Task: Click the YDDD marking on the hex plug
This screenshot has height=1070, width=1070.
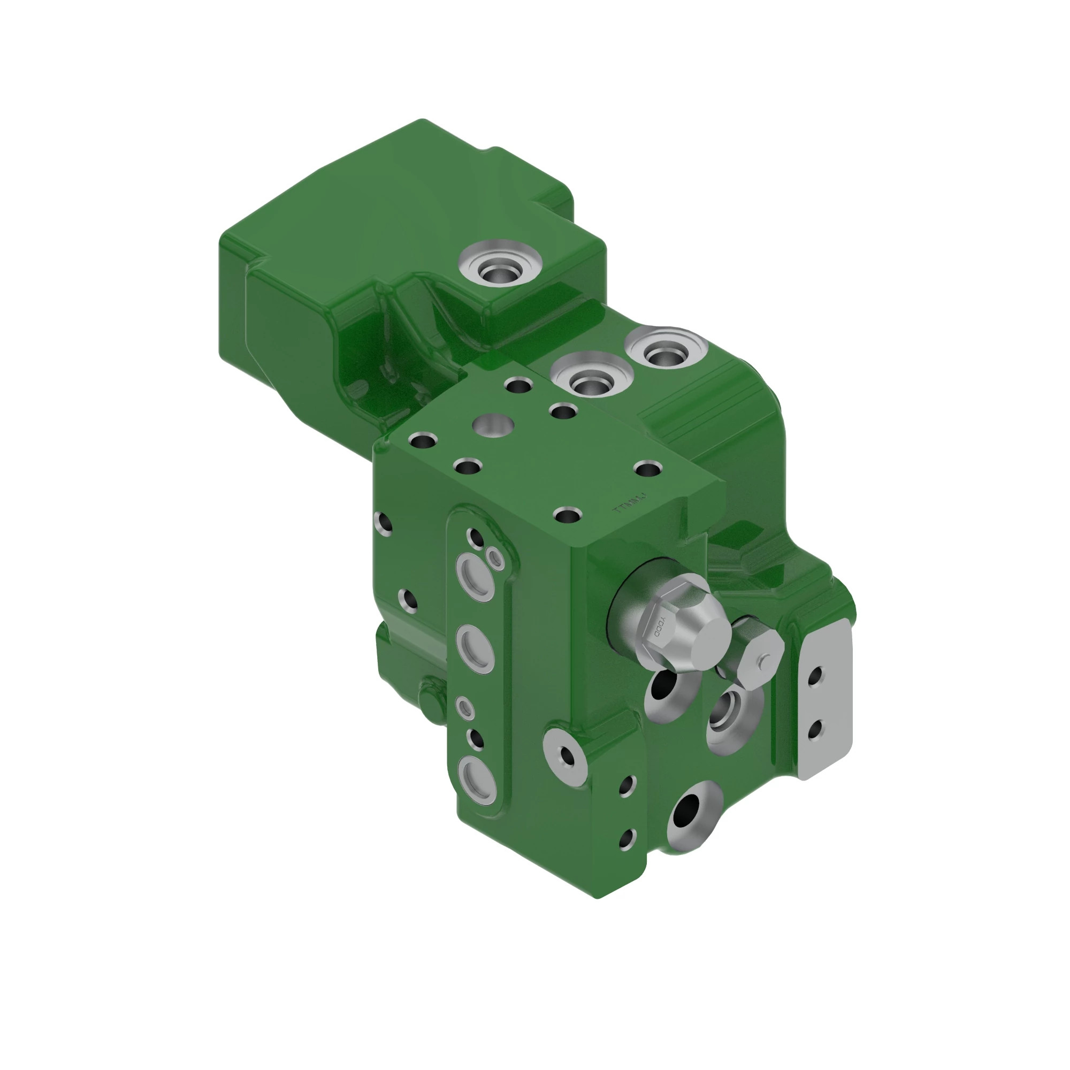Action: (661, 626)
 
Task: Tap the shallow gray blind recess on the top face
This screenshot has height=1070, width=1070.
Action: (493, 426)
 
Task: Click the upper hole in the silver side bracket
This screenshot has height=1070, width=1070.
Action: (816, 677)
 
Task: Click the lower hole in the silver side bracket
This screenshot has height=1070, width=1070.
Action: (815, 730)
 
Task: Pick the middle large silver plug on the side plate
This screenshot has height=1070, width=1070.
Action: (475, 649)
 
